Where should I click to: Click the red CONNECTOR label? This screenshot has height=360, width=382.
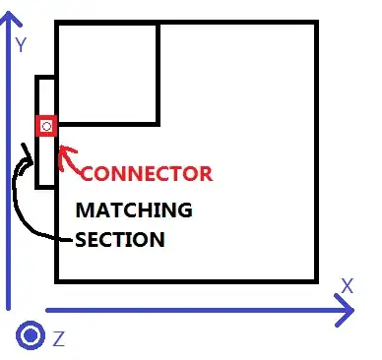point(146,174)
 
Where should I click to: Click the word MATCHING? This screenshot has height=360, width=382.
point(134,210)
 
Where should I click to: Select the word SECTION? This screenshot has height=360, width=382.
point(120,239)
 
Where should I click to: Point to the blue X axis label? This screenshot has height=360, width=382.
point(347,286)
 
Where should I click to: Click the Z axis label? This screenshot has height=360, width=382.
point(59,339)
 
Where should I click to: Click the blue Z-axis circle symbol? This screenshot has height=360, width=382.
point(31,336)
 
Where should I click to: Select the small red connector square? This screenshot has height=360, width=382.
point(45,126)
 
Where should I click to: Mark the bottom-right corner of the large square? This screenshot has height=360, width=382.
point(315,279)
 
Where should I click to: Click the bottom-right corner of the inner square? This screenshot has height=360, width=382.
point(158,123)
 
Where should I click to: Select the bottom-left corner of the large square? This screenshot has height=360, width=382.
point(57,279)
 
